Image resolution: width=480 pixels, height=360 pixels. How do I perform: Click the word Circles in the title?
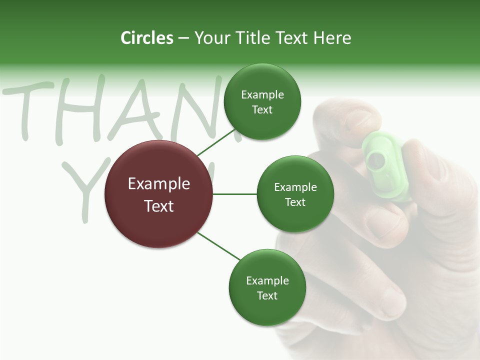click(146, 38)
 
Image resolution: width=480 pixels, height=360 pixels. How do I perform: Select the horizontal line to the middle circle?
click(234, 194)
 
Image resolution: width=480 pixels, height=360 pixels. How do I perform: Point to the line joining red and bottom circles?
click(218, 246)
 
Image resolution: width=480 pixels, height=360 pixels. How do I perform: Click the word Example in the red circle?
click(159, 184)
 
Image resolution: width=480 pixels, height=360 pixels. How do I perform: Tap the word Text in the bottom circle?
click(267, 295)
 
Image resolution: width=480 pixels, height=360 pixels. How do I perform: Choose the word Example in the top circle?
click(262, 95)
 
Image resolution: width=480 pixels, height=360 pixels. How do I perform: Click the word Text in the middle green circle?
click(295, 202)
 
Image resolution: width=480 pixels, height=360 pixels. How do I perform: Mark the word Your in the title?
click(211, 38)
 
